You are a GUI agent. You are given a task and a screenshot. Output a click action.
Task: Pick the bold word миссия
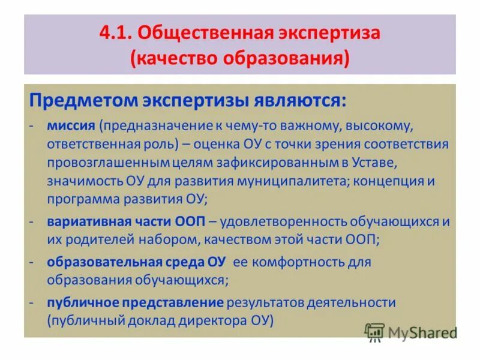pos(72,127)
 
